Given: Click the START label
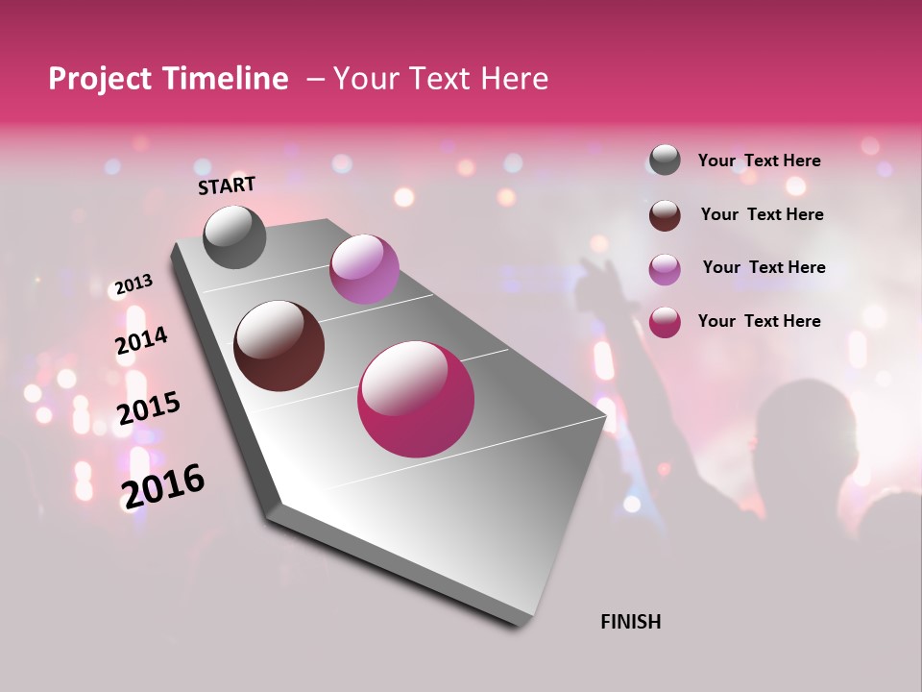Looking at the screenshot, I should (x=227, y=185).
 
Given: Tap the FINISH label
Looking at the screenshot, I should (x=630, y=622).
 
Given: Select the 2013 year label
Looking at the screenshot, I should (x=133, y=284).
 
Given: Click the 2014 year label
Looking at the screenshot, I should (x=141, y=341).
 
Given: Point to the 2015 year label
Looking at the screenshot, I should (x=149, y=408).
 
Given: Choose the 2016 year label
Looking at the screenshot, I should (x=163, y=486).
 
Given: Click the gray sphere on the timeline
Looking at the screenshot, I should (x=235, y=237).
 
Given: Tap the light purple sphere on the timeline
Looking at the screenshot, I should (x=364, y=269).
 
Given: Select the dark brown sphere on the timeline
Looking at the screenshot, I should (x=279, y=346).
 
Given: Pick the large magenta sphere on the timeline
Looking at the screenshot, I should (x=416, y=399).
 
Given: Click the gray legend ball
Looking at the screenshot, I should (x=665, y=161).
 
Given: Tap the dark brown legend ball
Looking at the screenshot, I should (x=665, y=215).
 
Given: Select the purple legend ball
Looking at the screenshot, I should (x=665, y=269).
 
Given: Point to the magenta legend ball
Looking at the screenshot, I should (x=665, y=322).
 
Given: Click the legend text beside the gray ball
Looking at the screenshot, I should (x=759, y=161).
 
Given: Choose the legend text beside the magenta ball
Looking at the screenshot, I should (x=759, y=321).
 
